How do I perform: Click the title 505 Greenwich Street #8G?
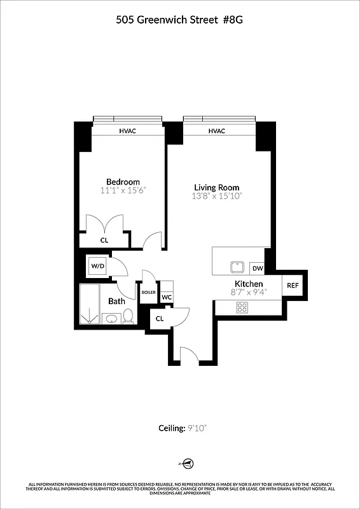tap(179, 20)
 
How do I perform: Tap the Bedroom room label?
tap(123, 182)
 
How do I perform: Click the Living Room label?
tap(217, 187)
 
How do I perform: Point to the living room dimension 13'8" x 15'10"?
tap(217, 197)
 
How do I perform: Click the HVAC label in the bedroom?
tap(128, 131)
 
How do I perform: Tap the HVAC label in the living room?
tap(217, 131)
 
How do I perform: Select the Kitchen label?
tap(249, 284)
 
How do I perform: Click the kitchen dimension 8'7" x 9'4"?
tap(249, 293)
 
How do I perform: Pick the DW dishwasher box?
tap(257, 268)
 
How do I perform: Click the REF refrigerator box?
tap(293, 286)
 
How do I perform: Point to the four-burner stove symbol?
tap(242, 307)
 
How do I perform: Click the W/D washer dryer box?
tap(98, 265)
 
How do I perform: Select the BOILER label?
tap(149, 293)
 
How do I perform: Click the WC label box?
tap(166, 297)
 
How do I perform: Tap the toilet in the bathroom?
tap(128, 316)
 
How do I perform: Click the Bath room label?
tap(116, 301)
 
